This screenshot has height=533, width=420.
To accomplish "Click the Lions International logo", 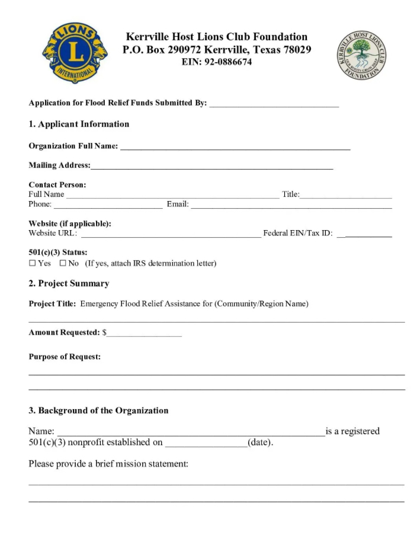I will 75,53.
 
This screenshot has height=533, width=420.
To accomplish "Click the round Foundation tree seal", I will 362,56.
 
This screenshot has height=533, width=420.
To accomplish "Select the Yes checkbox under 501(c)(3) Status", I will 33,263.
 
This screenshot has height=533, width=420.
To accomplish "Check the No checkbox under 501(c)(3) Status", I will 63,263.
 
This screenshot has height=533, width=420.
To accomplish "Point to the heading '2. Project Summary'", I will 69,283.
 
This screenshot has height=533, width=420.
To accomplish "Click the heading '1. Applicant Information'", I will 79,124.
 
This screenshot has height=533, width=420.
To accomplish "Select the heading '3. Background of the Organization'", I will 98,410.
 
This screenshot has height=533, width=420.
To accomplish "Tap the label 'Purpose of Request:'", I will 65,357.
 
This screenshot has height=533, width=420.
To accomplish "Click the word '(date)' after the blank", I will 260,442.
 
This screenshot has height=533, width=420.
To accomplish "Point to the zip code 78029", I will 294,50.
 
